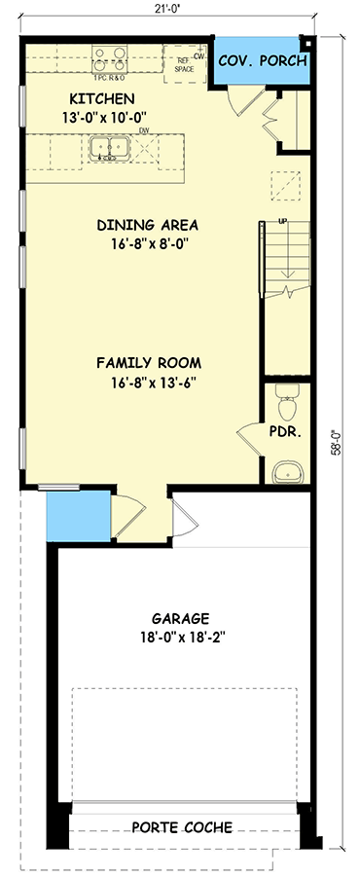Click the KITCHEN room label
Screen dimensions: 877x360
(x=101, y=98)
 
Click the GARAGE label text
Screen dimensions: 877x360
(x=180, y=618)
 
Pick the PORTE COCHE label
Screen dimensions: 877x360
(x=184, y=827)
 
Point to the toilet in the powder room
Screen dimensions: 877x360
(x=286, y=399)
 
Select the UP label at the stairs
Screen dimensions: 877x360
(x=283, y=222)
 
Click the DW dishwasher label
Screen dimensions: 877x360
(x=143, y=129)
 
